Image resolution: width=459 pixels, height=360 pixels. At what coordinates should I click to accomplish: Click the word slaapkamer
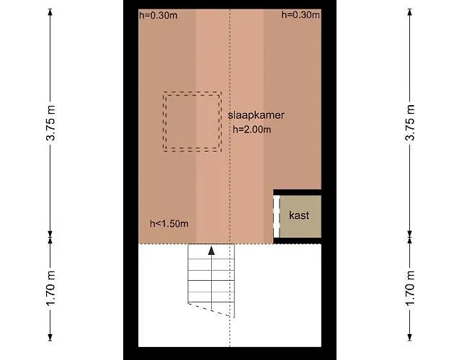(257, 115)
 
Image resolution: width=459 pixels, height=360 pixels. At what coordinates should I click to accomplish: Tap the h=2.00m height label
(252, 130)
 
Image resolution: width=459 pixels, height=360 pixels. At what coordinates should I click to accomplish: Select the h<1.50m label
(169, 223)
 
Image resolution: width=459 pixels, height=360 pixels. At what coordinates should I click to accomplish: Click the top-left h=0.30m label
(157, 15)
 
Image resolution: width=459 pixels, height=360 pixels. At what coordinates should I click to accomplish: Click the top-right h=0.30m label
(300, 15)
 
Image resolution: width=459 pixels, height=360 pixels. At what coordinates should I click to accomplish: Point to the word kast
(299, 215)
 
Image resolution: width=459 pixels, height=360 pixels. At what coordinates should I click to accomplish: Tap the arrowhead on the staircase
(211, 251)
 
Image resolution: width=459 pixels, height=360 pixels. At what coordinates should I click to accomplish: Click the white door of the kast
(276, 215)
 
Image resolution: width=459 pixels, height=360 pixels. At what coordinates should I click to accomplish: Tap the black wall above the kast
(297, 192)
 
